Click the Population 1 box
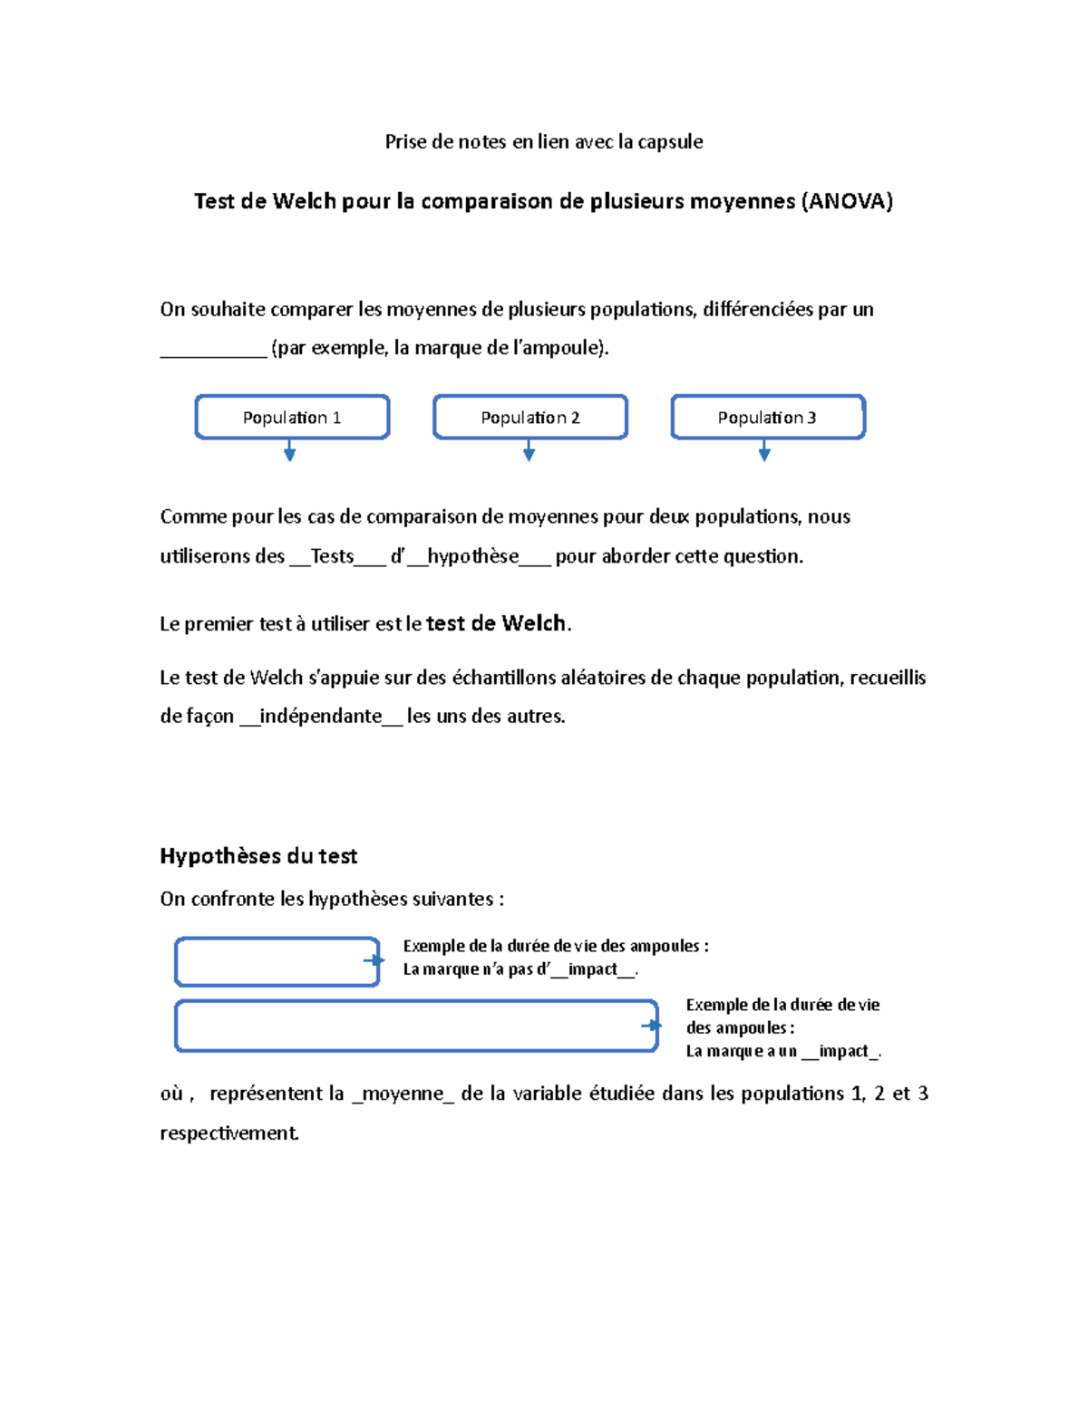pos(292,418)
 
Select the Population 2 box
pos(530,418)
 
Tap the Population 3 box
pos(768,418)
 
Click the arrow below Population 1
pos(290,451)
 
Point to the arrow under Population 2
pos(529,451)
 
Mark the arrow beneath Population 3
pos(765,451)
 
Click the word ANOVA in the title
pos(846,201)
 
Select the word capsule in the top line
pos(670,141)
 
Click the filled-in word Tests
pos(332,556)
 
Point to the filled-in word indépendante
pos(320,716)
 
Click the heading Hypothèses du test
pos(258,856)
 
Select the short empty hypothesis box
pos(277,962)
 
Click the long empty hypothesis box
pos(416,1026)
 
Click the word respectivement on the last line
pos(228,1133)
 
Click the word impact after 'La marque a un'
pos(843,1051)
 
